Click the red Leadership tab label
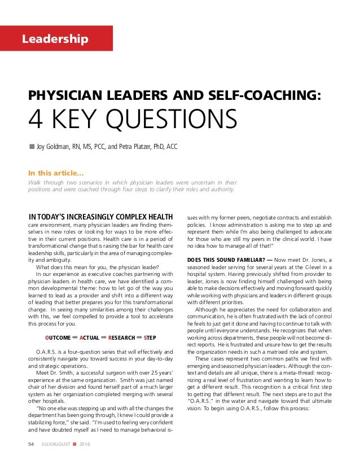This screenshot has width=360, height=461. tap(55, 39)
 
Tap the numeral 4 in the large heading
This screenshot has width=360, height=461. tap(37, 120)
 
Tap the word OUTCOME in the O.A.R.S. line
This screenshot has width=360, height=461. tap(58, 338)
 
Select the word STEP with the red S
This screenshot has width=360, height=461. tap(150, 338)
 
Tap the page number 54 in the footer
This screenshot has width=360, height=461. tap(32, 445)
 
